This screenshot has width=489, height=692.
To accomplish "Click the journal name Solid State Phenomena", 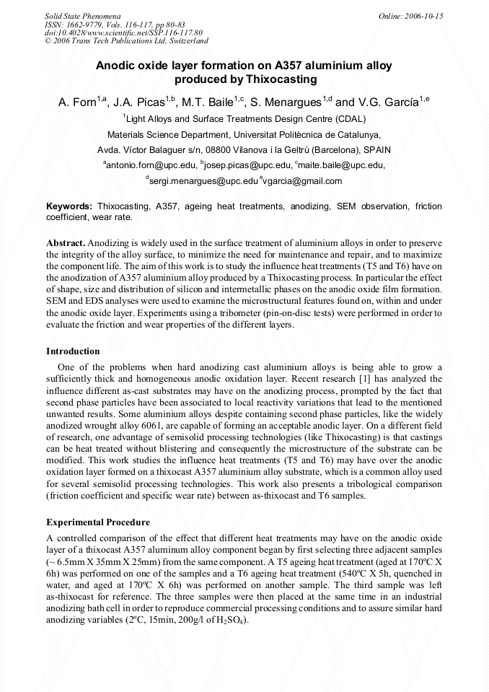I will (82, 15).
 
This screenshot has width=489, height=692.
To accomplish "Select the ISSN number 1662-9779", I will (85, 24).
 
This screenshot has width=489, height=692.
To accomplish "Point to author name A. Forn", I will (77, 102).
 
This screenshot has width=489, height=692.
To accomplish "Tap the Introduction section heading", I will (73, 351).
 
